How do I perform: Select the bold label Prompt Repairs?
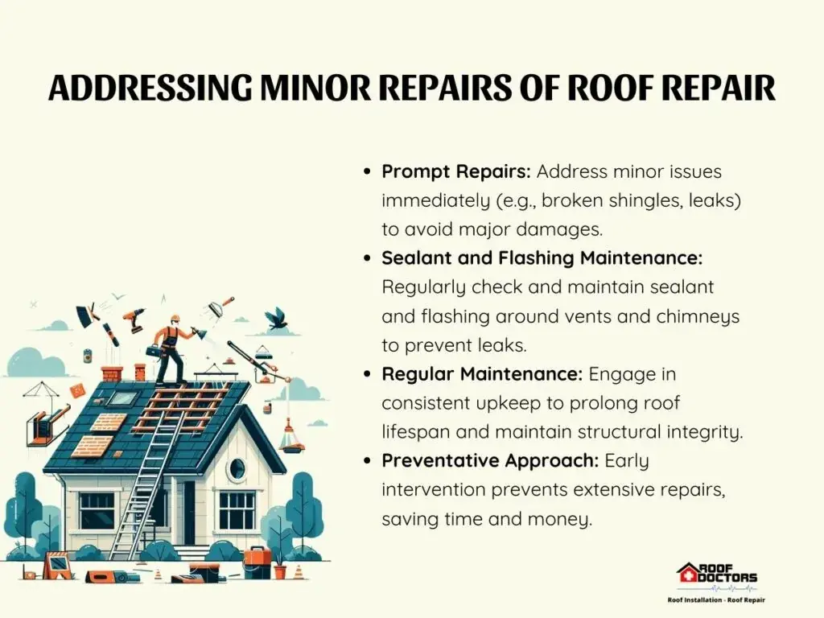coord(456,171)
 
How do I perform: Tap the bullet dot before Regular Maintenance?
coord(367,374)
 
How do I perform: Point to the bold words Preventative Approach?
coord(490,461)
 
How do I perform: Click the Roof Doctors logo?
coord(717,578)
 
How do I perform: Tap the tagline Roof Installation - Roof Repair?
coord(716,599)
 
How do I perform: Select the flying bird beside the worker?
coord(277,319)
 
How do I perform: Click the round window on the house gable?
coord(237,467)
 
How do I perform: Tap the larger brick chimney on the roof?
coord(111,373)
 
